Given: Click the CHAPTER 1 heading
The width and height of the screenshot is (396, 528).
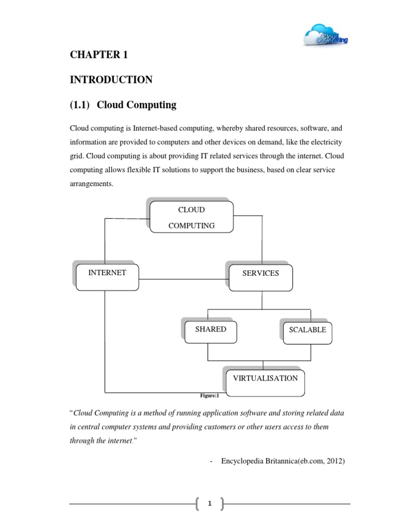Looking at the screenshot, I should point(98,56).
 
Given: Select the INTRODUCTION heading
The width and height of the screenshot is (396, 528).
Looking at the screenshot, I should point(111,80).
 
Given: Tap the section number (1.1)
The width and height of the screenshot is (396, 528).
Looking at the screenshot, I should point(80,105).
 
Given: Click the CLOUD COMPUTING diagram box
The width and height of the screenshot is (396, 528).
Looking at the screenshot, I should point(191,217).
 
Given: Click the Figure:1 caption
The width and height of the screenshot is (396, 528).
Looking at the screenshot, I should point(209,396).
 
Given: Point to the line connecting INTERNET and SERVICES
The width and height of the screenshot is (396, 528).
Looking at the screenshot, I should point(183,279).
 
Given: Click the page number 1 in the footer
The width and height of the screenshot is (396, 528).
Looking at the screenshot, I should point(210,504).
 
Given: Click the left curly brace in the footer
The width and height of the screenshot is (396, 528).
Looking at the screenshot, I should point(198,504).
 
